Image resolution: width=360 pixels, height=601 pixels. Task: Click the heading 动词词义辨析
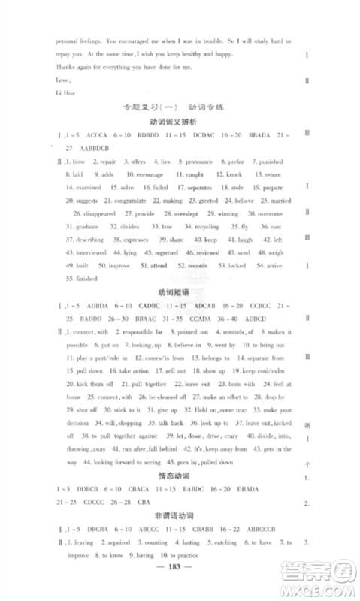click(x=173, y=122)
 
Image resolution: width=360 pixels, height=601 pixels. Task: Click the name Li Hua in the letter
click(x=64, y=93)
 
